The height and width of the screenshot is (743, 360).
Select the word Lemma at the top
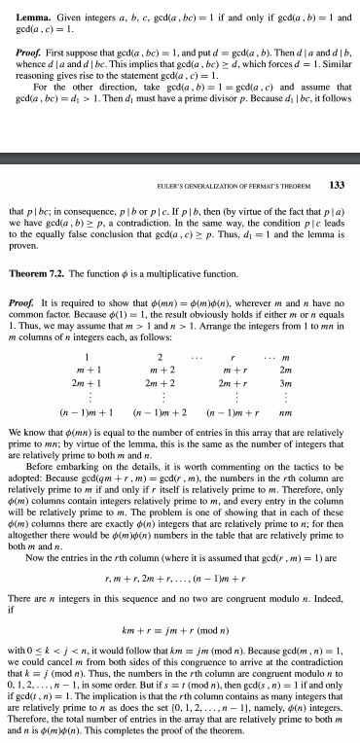(21, 8)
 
